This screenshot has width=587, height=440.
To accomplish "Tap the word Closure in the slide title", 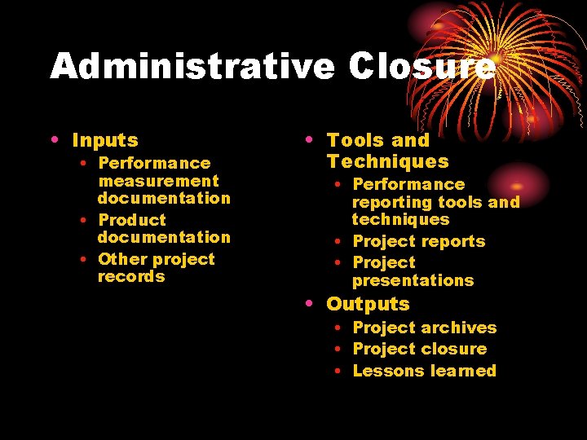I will click(421, 67).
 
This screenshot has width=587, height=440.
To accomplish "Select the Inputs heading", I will click(105, 140).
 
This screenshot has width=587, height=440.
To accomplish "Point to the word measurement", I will click(159, 181).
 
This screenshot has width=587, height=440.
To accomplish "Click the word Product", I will click(132, 220).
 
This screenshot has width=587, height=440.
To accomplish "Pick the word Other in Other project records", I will click(116, 259).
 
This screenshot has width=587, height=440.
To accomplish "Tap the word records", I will click(131, 276).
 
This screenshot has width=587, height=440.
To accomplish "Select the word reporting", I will click(392, 202).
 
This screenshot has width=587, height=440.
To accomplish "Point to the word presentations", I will click(413, 280).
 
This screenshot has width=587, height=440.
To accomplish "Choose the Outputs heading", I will click(368, 304).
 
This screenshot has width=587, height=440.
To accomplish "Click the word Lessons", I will click(384, 371).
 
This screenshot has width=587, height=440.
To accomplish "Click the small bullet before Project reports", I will click(337, 241).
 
